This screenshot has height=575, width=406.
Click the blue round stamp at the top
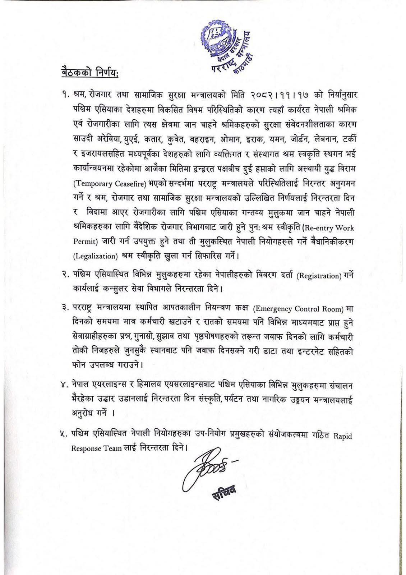coord(226,47)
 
